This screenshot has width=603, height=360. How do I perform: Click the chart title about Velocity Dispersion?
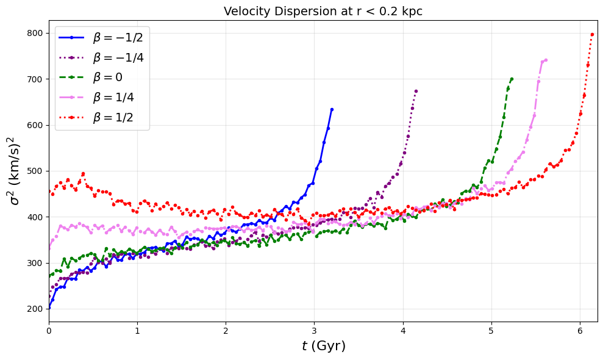pyautogui.click(x=323, y=11)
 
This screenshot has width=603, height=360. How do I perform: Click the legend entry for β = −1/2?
pyautogui.click(x=118, y=38)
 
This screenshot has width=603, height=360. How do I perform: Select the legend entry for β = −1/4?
pyautogui.click(x=118, y=58)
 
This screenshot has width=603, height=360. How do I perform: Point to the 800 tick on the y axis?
pyautogui.click(x=35, y=33)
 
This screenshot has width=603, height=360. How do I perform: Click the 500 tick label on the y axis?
pyautogui.click(x=35, y=171)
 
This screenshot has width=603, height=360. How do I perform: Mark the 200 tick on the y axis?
pyautogui.click(x=35, y=309)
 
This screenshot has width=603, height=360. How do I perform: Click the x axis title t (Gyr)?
pyautogui.click(x=323, y=347)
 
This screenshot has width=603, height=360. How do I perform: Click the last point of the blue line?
pyautogui.click(x=332, y=109)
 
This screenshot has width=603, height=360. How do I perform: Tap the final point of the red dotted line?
pyautogui.click(x=592, y=34)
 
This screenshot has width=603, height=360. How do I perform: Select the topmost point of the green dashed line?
pyautogui.click(x=512, y=79)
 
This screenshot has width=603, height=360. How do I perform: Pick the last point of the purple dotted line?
pyautogui.click(x=416, y=91)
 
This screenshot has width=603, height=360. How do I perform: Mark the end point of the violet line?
pyautogui.click(x=546, y=60)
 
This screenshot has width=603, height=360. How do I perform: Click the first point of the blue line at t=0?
pyautogui.click(x=49, y=308)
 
